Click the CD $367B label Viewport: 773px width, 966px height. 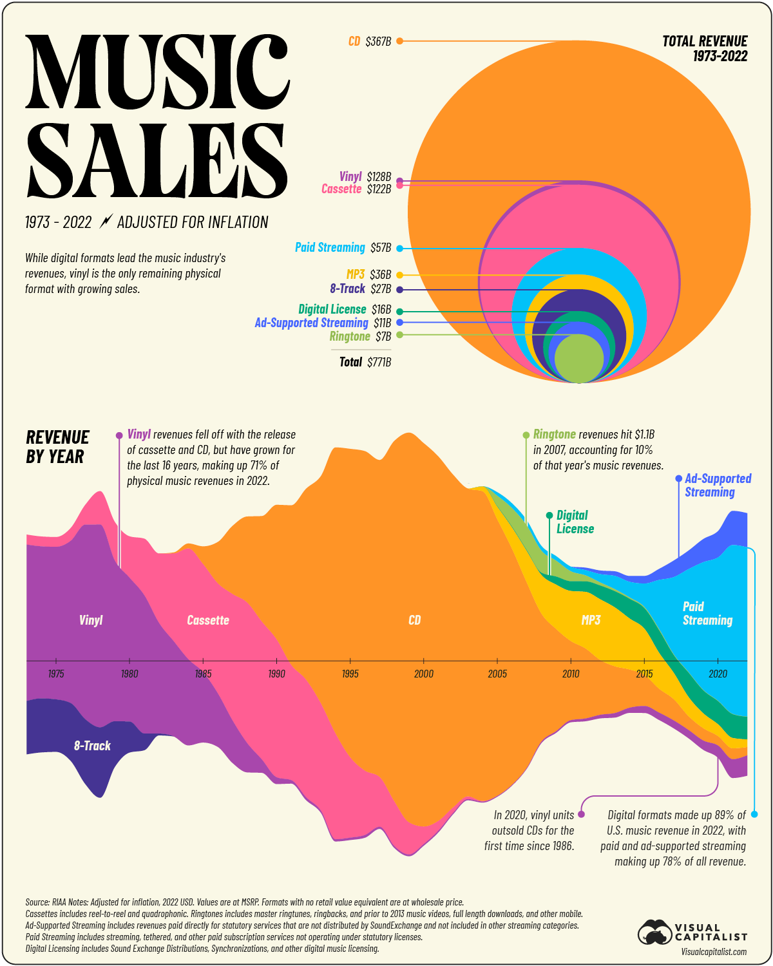[370, 41]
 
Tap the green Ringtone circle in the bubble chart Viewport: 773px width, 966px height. [579, 358]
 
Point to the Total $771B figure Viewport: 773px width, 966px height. [365, 362]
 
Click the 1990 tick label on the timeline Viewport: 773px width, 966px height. [276, 674]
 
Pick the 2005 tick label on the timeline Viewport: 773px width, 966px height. [497, 674]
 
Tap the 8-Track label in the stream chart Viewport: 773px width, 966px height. [92, 746]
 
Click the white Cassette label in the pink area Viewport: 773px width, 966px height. [208, 620]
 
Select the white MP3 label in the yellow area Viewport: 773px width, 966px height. [591, 620]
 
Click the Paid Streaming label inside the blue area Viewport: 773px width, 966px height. [707, 613]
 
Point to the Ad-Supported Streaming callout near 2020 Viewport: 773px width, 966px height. [718, 485]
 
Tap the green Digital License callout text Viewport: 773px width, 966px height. [575, 522]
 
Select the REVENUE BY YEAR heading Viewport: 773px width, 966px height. [57, 447]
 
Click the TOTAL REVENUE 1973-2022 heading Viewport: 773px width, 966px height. [705, 48]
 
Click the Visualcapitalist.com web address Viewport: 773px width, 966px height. [714, 951]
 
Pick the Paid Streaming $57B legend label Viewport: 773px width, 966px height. [343, 248]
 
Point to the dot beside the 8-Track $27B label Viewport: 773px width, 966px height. [399, 290]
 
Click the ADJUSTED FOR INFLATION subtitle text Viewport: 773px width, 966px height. [193, 222]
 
